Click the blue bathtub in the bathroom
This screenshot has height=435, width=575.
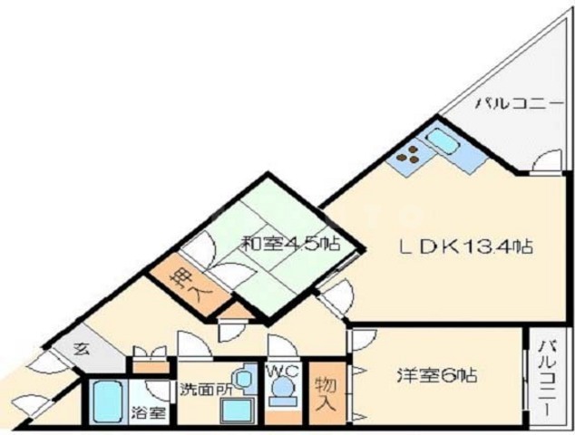pos(107,402)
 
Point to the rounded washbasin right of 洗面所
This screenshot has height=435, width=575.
pos(241,378)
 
